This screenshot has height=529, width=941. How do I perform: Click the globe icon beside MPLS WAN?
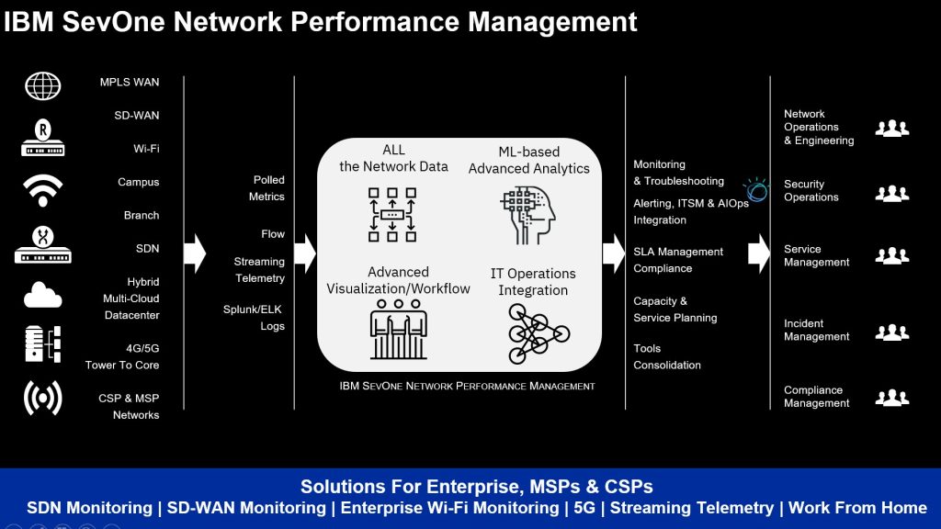coord(42,86)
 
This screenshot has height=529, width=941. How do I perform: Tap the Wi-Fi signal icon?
coord(42,190)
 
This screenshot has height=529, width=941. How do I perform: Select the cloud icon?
coord(42,295)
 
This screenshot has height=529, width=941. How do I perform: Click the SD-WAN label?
coord(142,116)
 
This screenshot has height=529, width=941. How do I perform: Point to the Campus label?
coord(138,182)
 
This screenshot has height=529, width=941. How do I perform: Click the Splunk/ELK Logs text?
coord(254,318)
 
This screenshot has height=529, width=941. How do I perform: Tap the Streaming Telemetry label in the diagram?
coord(259,270)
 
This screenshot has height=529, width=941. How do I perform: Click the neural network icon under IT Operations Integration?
coord(533,332)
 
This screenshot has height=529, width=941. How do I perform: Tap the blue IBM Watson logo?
coord(757,189)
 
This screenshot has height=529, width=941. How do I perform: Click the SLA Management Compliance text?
coord(677,260)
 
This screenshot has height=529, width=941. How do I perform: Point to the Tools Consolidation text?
coord(666,356)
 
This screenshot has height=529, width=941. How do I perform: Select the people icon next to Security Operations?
coord(891,193)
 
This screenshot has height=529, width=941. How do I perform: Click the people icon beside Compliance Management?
coord(891,398)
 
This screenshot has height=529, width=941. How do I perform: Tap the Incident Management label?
coord(816,330)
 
